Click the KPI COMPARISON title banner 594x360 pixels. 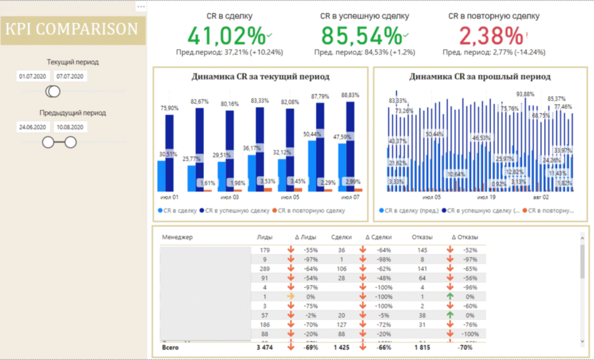click(72, 30)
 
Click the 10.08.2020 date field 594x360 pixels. click(70, 127)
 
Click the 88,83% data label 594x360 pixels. click(350, 95)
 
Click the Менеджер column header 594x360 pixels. click(177, 237)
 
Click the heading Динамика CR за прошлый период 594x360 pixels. click(480, 77)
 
